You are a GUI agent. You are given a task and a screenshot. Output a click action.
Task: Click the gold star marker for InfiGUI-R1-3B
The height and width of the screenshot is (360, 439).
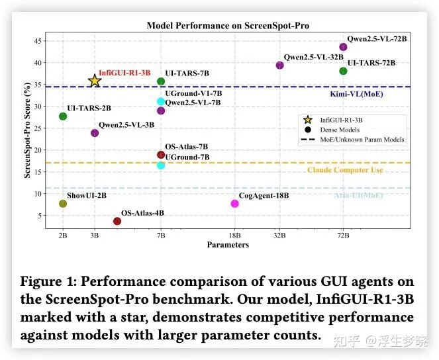95,81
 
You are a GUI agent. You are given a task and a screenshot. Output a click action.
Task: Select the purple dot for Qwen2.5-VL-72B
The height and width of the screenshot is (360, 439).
343,47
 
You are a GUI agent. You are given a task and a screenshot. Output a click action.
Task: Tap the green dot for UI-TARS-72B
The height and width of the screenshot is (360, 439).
343,71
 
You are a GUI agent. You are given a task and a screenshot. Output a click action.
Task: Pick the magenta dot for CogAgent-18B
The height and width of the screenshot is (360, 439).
235,203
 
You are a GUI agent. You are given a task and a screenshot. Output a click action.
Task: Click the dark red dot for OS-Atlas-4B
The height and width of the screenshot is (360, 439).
117,221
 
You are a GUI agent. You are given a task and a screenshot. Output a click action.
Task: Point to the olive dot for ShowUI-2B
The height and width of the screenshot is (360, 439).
63,203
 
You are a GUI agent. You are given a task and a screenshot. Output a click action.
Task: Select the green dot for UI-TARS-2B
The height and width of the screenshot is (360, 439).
63,116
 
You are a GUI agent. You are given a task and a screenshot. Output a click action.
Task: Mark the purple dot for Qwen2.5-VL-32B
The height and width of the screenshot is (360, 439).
279,65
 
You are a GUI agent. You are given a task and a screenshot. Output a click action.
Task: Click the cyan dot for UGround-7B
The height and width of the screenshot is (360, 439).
161,165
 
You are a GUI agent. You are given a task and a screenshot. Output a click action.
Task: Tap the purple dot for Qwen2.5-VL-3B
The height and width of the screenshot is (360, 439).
95,133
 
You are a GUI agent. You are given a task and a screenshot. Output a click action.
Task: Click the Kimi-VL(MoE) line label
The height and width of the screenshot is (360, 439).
356,94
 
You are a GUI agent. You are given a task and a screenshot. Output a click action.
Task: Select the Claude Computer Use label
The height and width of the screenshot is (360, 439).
345,170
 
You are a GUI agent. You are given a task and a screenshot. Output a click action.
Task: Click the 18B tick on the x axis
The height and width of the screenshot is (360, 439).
235,236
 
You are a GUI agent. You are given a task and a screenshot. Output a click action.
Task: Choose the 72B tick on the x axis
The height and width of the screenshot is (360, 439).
343,236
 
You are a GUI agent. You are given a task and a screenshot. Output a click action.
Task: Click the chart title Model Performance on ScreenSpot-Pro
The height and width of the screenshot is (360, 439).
228,26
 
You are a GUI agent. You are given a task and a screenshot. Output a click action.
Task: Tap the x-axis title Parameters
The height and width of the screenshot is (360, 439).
228,245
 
